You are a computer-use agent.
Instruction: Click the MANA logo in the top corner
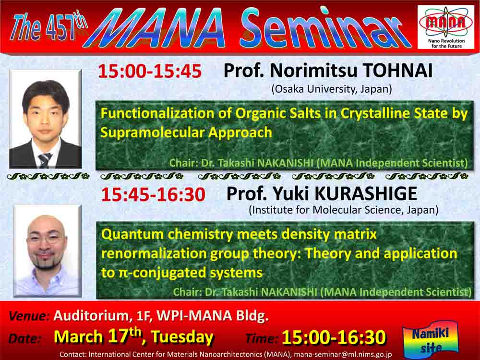446,27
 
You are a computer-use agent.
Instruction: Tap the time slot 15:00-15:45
150,71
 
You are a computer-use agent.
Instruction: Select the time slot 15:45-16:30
153,194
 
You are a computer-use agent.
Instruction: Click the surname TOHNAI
397,71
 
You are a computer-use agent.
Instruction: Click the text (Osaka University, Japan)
332,89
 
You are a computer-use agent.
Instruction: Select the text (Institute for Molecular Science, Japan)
344,210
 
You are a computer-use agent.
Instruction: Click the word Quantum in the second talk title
132,235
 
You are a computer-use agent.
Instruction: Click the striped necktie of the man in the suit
45,160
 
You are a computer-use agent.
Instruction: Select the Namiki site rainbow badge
431,340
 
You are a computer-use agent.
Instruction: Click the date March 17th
97,336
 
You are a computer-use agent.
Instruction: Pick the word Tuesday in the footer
182,337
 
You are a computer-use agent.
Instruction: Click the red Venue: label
29,316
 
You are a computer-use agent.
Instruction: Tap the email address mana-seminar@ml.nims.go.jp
343,355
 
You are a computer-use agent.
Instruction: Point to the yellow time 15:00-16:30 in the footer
334,337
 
